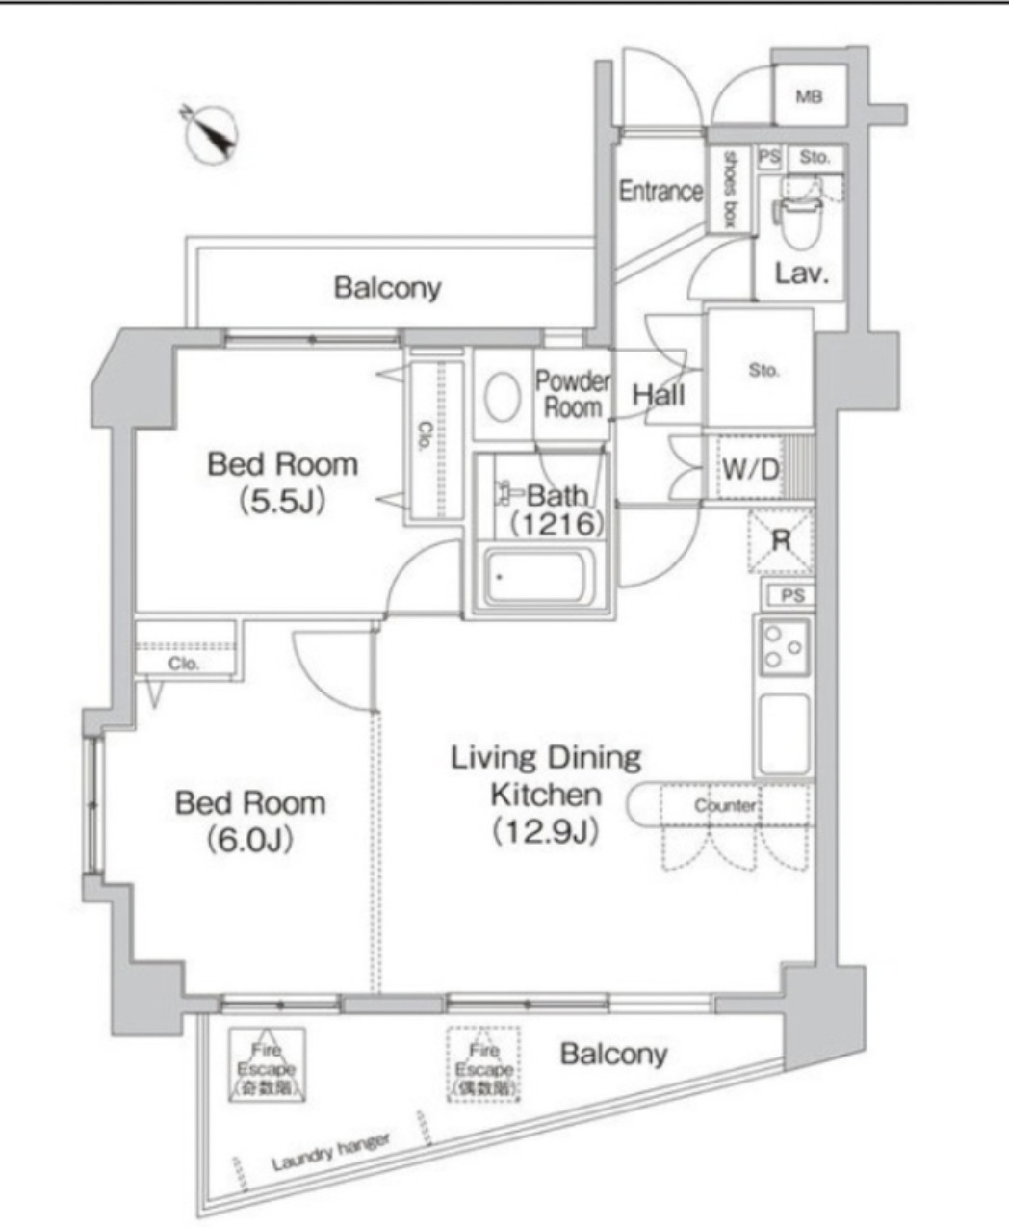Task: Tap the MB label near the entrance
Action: coord(809,97)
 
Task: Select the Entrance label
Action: coord(660,191)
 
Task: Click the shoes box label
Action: coord(729,189)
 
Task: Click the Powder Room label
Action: coord(573,393)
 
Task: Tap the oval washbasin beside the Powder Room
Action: coord(503,397)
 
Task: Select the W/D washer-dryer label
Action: coord(751,469)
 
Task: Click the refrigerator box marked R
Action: coord(781,541)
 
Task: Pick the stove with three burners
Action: coord(782,647)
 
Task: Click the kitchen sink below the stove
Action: coord(783,734)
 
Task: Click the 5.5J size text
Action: coord(282,502)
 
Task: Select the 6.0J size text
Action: coord(249,841)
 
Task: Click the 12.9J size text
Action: coord(546,831)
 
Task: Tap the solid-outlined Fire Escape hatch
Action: coord(268,1065)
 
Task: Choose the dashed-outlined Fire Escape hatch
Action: coord(484,1065)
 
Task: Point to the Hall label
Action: coord(659,394)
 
